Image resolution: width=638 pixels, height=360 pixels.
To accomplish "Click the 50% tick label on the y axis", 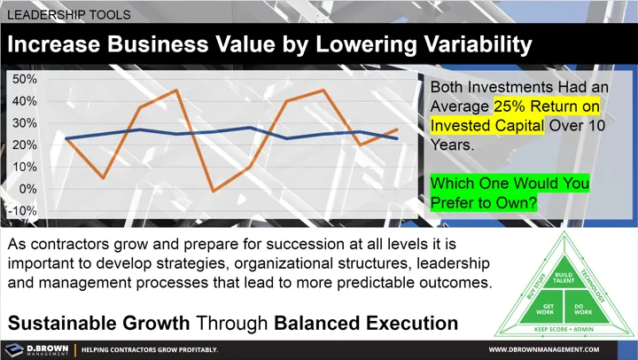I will click(25, 79).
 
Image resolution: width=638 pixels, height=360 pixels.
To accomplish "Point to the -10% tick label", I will click(23, 210).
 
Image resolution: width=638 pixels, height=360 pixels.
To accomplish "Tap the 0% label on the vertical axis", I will click(28, 188).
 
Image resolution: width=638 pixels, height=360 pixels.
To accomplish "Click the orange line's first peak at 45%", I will click(175, 90).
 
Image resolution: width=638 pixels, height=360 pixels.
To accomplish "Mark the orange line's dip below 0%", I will click(213, 191).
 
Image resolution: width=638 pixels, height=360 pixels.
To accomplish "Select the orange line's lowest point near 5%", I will click(104, 177).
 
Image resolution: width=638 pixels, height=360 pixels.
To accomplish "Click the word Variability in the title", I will click(455, 44).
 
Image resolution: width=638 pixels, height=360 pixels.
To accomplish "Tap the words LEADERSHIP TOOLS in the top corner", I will click(69, 15).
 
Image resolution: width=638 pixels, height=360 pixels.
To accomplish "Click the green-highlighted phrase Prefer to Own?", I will click(485, 203).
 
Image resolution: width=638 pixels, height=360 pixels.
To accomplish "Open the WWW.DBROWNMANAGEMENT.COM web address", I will click(559, 349).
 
